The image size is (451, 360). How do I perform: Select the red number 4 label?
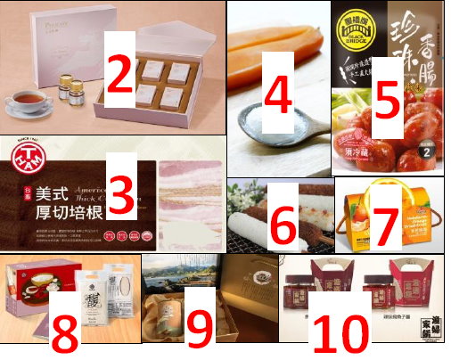click(x=278, y=98)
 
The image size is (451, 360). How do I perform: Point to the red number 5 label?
click(x=385, y=98)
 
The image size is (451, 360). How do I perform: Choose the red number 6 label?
click(x=283, y=225)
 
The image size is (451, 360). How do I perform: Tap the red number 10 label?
click(x=341, y=330)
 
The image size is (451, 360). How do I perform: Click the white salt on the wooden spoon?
click(x=267, y=134)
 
